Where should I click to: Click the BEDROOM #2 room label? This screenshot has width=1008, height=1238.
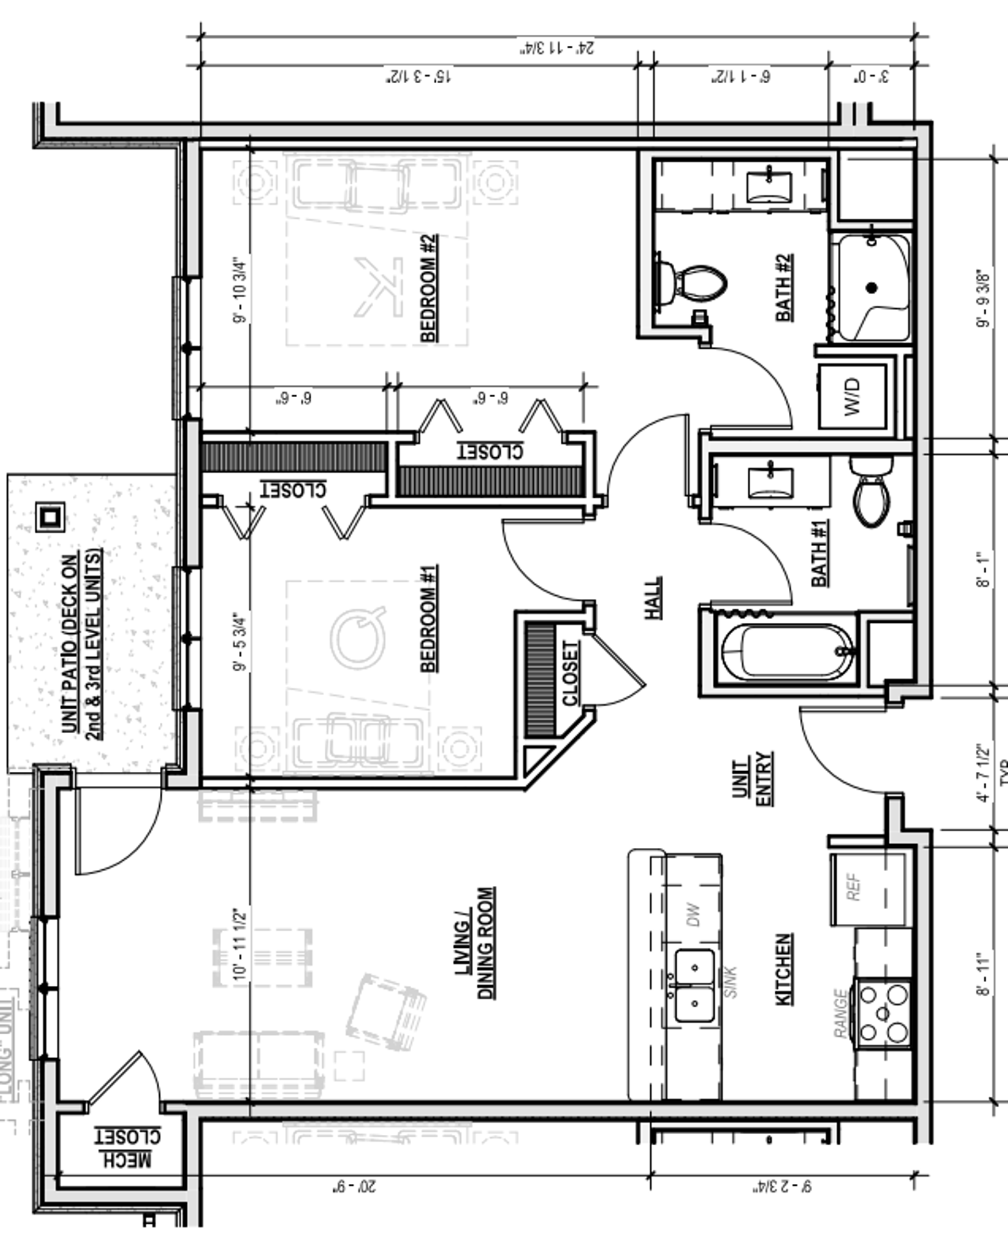click(429, 288)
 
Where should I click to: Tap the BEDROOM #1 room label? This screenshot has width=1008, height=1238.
click(429, 618)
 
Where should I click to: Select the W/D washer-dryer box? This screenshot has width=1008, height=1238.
click(852, 396)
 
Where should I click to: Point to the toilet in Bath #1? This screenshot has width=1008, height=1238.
click(871, 491)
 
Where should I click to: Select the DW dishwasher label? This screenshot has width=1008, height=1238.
click(693, 915)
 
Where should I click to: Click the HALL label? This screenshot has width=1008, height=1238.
click(654, 598)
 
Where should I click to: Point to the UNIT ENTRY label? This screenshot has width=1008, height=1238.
click(753, 778)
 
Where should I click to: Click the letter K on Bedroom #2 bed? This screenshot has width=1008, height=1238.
click(380, 287)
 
